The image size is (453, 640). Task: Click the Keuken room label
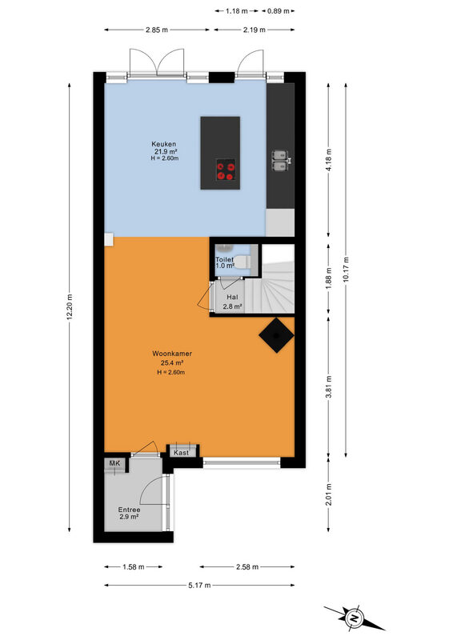(x=164, y=144)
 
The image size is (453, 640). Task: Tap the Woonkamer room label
(x=172, y=354)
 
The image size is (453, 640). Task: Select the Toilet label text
(x=225, y=259)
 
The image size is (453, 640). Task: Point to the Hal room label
(x=232, y=297)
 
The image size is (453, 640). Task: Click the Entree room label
(x=129, y=510)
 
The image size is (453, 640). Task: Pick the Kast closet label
(x=182, y=453)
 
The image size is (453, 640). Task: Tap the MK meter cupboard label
(x=114, y=463)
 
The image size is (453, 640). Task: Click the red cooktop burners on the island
(x=226, y=170)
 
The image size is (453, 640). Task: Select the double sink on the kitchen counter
(x=280, y=161)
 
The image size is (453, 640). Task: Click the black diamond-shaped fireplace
(x=277, y=335)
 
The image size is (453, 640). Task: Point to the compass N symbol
(x=355, y=618)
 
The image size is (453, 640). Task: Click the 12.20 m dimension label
(x=70, y=307)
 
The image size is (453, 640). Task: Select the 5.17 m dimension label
(x=199, y=586)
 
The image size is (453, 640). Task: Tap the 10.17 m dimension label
(x=346, y=270)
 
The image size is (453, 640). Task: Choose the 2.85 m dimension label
(x=156, y=30)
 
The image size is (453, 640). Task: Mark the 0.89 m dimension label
(x=279, y=11)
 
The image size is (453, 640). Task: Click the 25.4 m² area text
(x=172, y=363)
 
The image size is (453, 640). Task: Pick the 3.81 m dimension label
(x=329, y=386)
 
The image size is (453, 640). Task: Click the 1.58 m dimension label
(x=134, y=567)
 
